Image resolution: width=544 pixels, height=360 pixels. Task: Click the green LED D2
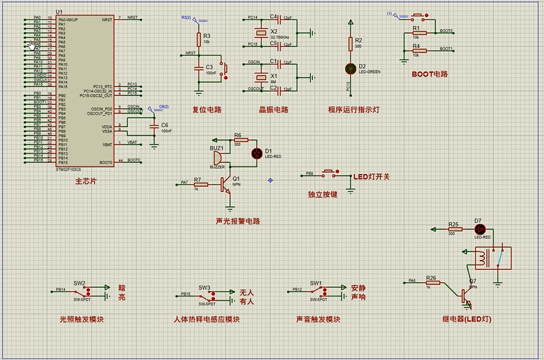pos(351,67)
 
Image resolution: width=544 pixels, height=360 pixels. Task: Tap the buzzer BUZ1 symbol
pos(217,158)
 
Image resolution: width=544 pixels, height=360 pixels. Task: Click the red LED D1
pos(256,153)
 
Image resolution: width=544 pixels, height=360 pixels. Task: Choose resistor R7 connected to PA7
pos(201,184)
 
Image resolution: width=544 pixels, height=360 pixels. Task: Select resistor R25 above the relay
pos(454,229)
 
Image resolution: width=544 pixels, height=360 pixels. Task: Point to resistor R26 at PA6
pos(432,283)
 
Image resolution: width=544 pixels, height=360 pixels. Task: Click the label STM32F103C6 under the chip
pos(69,169)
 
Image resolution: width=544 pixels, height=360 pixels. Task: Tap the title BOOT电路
pos(430,74)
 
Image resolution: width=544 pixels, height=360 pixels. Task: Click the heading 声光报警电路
pos(238,221)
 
